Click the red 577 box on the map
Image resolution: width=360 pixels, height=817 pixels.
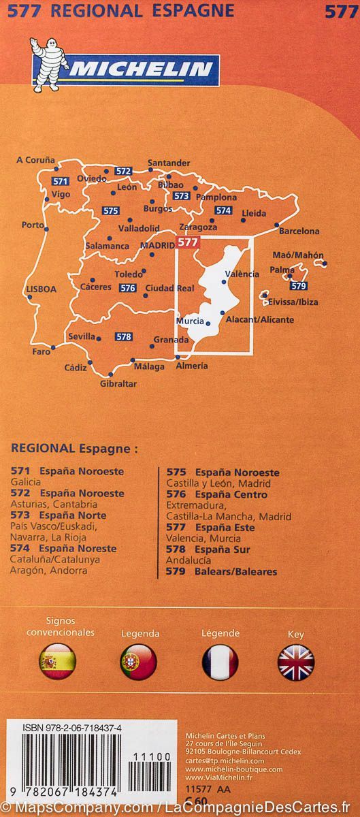click(187, 242)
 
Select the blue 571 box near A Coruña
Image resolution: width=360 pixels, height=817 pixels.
click(61, 182)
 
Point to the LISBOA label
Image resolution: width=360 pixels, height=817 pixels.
click(41, 289)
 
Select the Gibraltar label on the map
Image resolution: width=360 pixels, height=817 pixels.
click(118, 384)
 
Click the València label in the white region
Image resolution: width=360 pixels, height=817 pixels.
click(242, 274)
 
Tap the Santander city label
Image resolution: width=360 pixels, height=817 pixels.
click(169, 163)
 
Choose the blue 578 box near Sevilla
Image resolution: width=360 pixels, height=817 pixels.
click(123, 336)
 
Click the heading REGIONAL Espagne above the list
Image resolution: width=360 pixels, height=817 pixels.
click(74, 449)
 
